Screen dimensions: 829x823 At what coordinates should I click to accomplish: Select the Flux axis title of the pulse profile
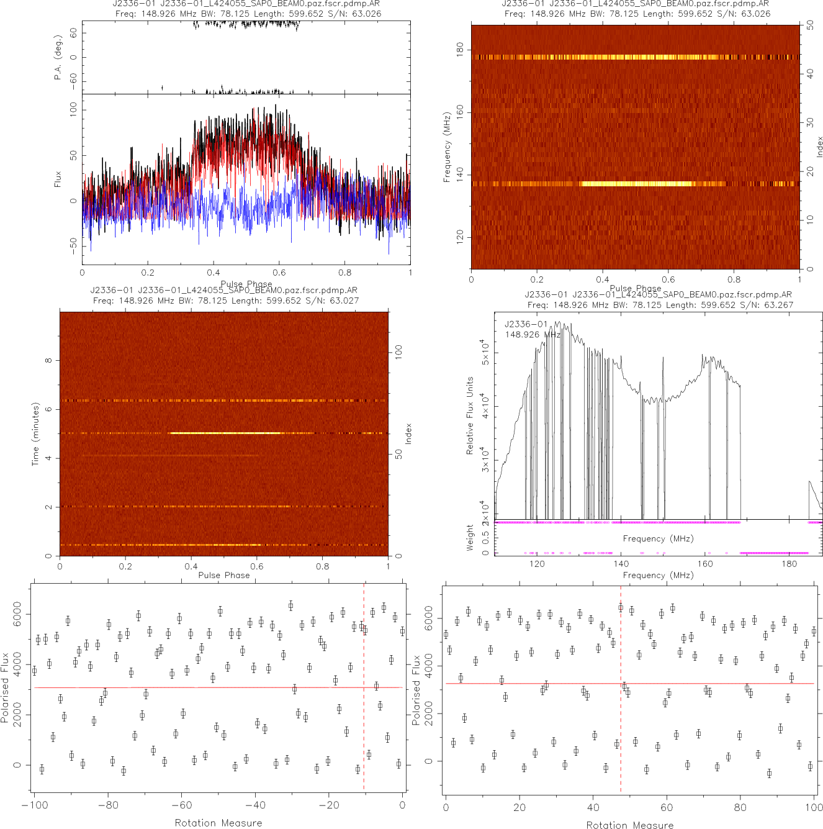click(58, 179)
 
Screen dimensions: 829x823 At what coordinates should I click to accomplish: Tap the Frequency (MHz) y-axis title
click(446, 147)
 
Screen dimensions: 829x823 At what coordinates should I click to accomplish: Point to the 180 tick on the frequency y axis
click(460, 49)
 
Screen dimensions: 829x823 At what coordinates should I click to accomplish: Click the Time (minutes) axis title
click(35, 434)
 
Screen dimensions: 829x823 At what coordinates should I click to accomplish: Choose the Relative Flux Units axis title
click(470, 415)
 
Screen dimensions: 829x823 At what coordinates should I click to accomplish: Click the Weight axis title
click(469, 538)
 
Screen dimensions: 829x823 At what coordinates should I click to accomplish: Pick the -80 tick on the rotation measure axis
click(108, 805)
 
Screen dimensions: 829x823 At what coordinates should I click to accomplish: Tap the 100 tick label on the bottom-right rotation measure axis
click(814, 807)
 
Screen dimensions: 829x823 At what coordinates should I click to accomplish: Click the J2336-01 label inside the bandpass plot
click(526, 324)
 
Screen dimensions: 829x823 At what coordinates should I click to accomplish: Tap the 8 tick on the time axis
click(48, 360)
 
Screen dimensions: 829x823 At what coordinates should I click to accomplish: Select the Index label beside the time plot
click(408, 433)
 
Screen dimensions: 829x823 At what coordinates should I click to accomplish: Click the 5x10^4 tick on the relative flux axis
click(484, 352)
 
